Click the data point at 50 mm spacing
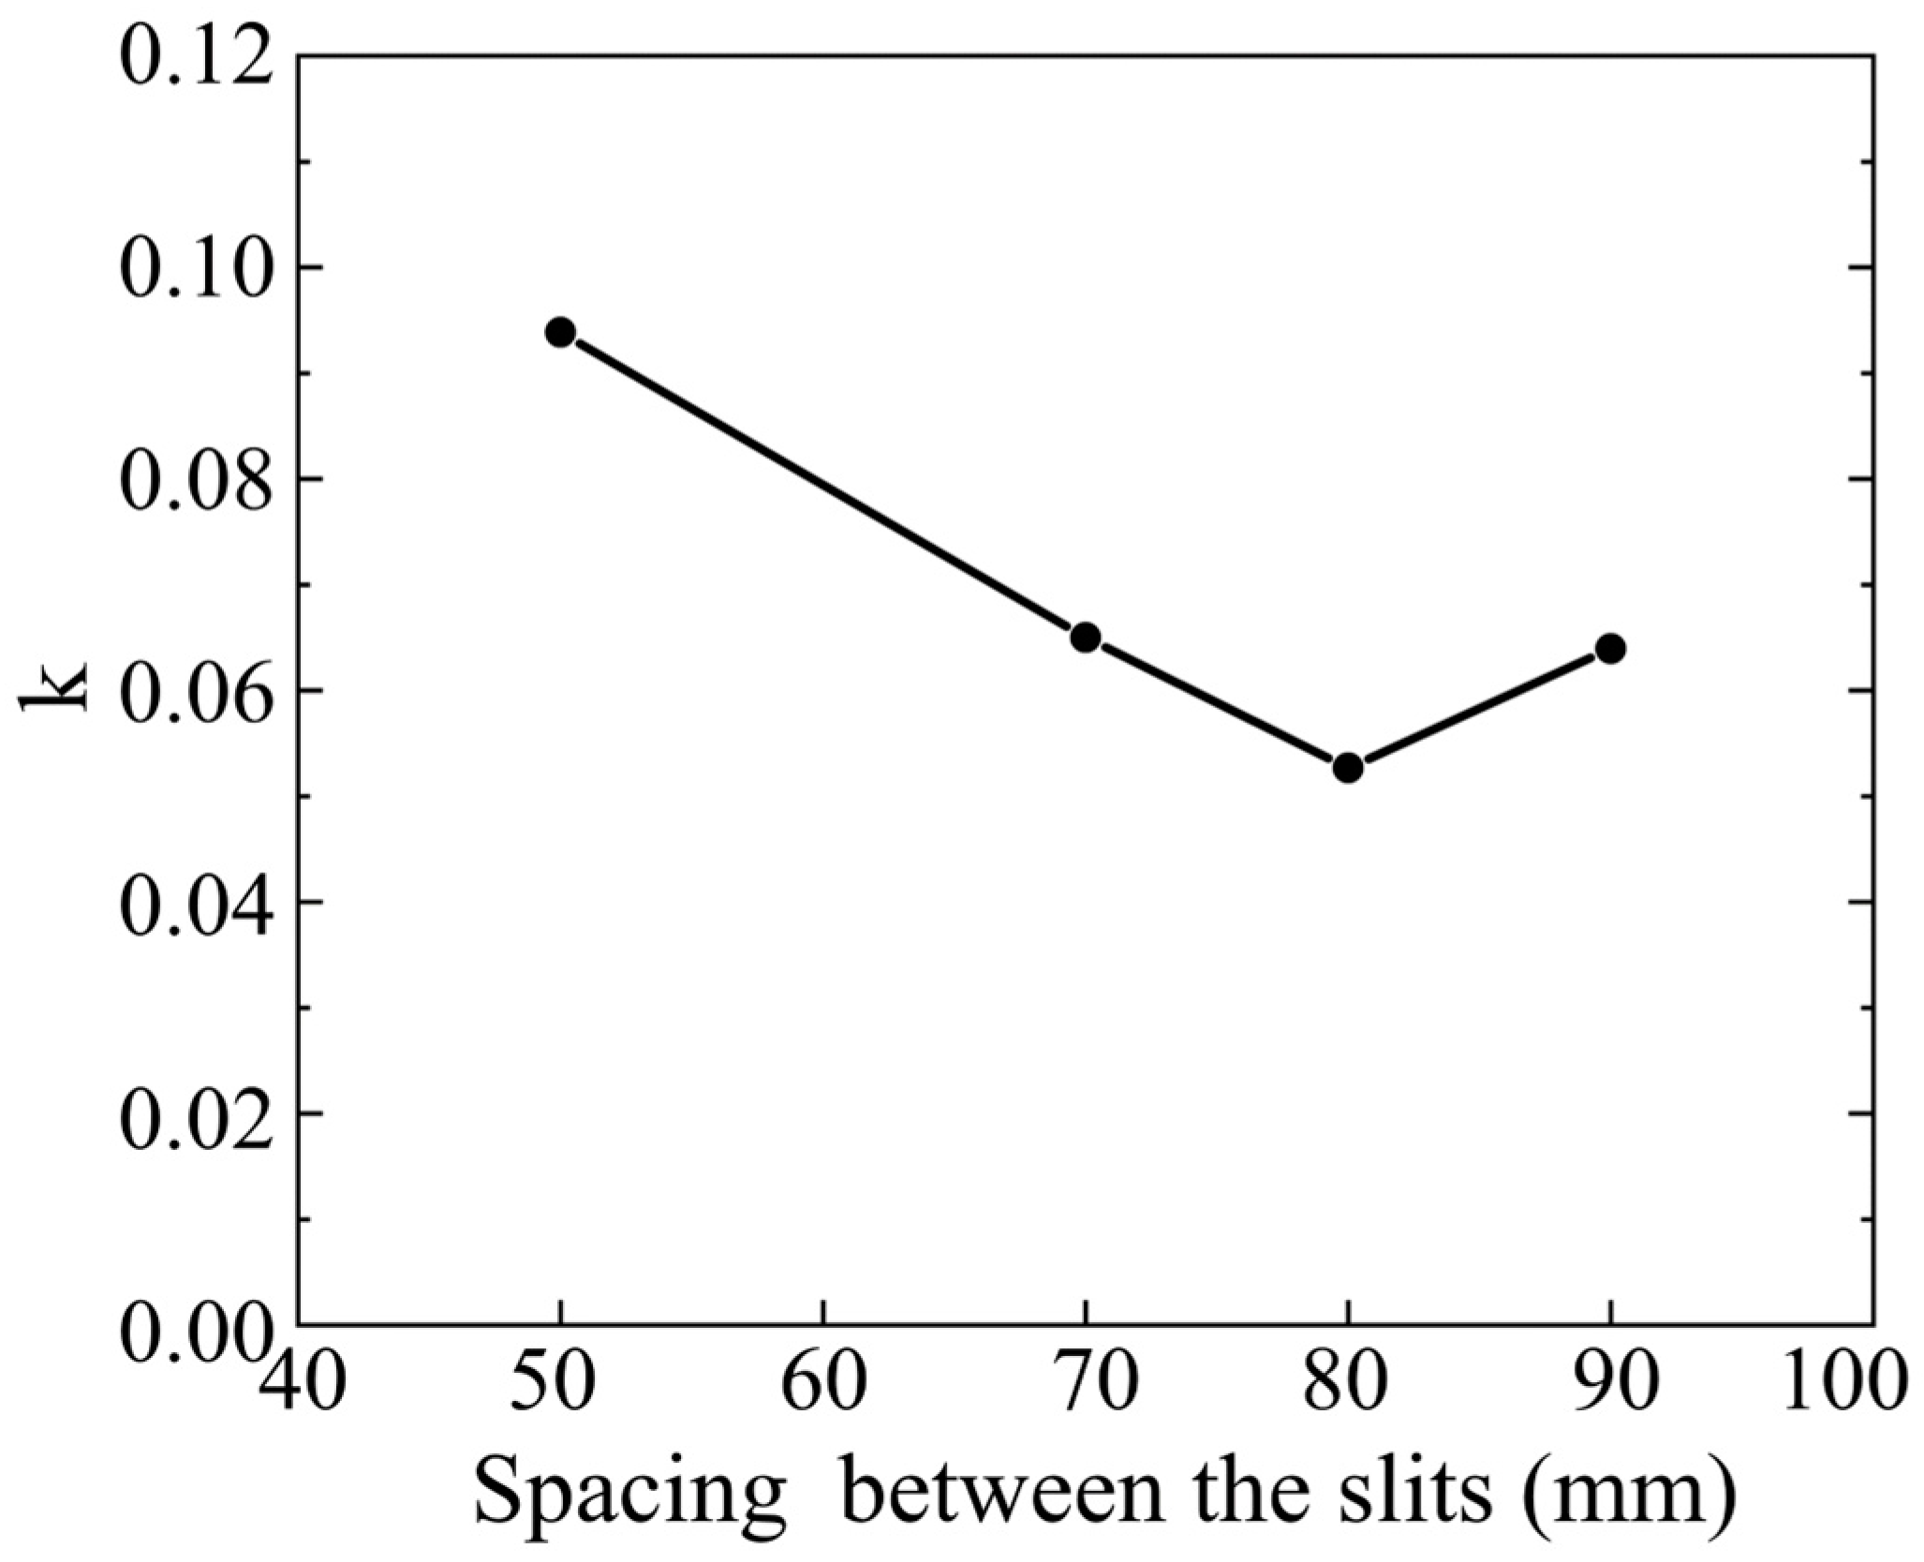[560, 332]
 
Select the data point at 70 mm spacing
[1085, 638]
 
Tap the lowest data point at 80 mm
[1348, 768]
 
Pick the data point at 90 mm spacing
[1610, 648]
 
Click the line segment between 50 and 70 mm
[822, 485]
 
